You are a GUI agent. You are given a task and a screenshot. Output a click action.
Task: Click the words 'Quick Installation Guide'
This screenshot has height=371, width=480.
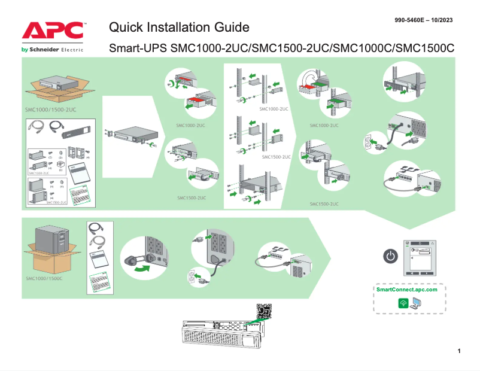(x=179, y=27)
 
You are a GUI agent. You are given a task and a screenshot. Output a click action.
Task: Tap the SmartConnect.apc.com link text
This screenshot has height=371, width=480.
(x=406, y=290)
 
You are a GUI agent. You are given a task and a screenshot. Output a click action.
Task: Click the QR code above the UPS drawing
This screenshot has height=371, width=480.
(x=264, y=311)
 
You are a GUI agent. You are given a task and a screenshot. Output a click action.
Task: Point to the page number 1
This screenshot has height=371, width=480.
(x=458, y=351)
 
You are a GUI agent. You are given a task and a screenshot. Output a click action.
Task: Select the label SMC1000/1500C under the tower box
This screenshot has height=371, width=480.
(x=44, y=279)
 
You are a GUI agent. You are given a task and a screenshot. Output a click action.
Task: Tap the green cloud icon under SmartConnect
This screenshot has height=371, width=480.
(x=403, y=303)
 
